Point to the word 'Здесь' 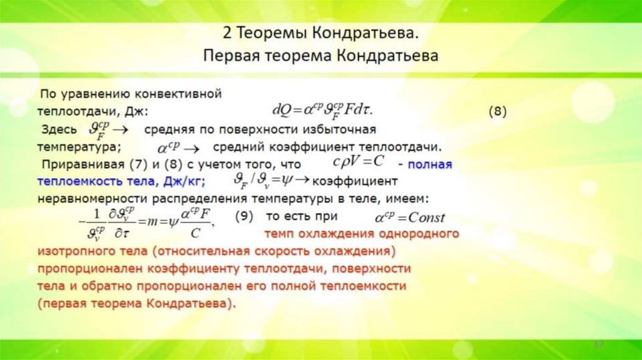tap(57, 130)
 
